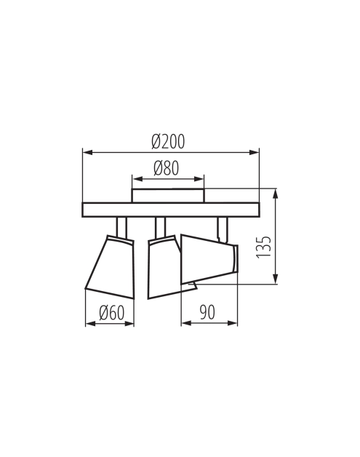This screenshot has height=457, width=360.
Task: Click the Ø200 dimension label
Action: pos(168,142)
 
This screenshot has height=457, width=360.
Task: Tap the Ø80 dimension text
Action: pos(166,168)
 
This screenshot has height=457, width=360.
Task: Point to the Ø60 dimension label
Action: pos(111,313)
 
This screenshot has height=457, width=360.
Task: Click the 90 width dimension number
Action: pos(207,312)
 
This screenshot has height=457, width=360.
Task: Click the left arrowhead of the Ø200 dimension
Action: pos(88,152)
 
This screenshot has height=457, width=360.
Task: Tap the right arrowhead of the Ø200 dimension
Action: pos(255,152)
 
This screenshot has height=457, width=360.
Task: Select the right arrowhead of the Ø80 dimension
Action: pos(199,179)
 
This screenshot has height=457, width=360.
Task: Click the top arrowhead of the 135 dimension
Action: pos(275,194)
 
